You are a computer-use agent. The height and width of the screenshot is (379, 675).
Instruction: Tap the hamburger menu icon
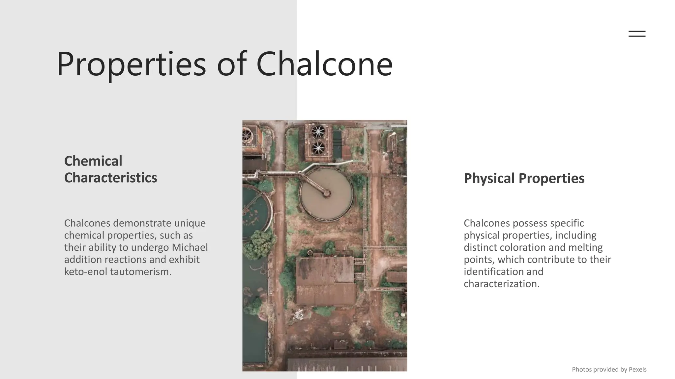coord(637,34)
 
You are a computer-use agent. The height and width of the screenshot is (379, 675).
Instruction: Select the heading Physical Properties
coord(524,178)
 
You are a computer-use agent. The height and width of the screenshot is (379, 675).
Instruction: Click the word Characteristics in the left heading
coord(110,178)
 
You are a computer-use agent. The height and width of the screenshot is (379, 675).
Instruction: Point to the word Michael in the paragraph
coord(190,247)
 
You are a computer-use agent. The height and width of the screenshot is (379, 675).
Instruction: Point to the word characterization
coord(502,284)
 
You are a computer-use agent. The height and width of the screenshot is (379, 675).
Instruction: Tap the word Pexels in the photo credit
coord(637,369)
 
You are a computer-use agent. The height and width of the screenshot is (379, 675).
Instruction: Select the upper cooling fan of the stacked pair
coord(318,132)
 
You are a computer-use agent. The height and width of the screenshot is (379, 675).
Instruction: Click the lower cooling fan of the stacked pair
coord(318,148)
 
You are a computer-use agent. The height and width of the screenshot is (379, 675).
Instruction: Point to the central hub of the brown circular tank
coord(327,193)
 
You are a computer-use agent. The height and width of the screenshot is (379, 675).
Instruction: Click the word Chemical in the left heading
coord(93,161)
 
